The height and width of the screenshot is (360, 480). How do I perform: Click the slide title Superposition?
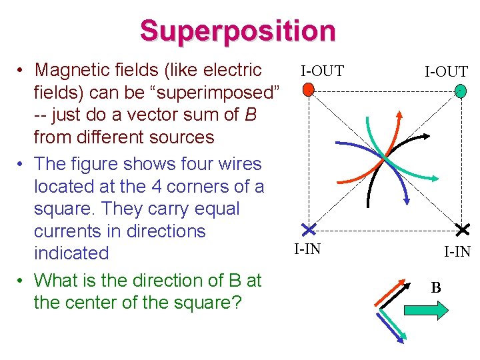click(237, 31)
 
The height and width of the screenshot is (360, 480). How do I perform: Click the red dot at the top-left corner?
click(307, 89)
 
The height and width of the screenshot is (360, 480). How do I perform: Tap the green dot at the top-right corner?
click(459, 90)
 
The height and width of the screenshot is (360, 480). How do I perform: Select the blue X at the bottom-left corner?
click(308, 229)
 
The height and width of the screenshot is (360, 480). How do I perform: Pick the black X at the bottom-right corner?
click(463, 229)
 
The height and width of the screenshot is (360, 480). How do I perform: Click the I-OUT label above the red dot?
click(322, 70)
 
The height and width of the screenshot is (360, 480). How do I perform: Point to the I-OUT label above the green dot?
click(447, 71)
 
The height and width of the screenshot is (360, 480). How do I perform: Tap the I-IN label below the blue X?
click(307, 249)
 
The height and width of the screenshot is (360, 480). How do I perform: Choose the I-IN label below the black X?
click(458, 251)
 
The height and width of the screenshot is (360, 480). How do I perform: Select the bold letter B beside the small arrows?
click(435, 288)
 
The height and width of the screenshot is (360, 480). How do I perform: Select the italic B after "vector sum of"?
click(251, 115)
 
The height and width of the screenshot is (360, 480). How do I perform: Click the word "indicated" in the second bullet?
click(71, 253)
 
